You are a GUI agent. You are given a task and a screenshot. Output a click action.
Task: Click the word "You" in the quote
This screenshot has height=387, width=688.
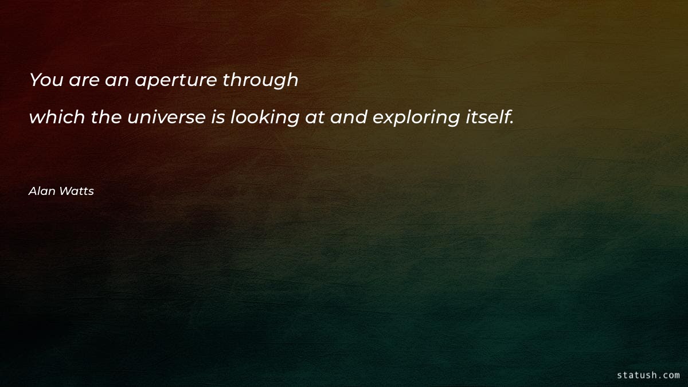(46, 80)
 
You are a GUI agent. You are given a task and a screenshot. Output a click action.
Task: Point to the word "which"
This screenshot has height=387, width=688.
(56, 118)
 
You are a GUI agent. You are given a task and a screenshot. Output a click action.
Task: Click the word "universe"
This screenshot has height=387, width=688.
(166, 118)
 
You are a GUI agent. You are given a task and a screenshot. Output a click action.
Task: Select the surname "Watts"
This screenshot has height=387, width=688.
(76, 191)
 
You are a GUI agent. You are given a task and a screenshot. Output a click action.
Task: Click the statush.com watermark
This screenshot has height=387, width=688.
(648, 375)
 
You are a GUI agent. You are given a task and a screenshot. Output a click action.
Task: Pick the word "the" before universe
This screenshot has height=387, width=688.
(105, 118)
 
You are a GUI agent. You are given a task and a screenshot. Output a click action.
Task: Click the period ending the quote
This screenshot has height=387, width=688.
(511, 123)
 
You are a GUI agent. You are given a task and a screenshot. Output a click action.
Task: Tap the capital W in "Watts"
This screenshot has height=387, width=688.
(65, 191)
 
